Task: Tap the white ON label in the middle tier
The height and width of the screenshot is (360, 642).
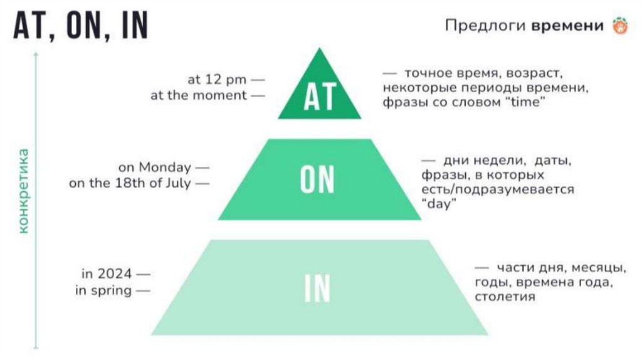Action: coord(317,179)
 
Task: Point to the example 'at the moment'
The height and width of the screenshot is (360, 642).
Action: coord(199,95)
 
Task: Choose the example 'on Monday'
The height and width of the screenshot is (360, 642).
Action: coord(155,167)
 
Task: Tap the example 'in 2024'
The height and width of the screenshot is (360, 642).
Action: coord(107,274)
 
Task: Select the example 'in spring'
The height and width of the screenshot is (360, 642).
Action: coord(103,290)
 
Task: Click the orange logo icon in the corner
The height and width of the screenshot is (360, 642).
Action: coord(619,26)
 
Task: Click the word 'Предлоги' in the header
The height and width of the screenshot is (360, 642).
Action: coord(485,26)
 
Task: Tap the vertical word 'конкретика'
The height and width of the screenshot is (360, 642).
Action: coord(24,191)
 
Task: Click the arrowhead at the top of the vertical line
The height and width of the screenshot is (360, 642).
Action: coord(36,54)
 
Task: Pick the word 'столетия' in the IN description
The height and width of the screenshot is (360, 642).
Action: coord(505,297)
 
